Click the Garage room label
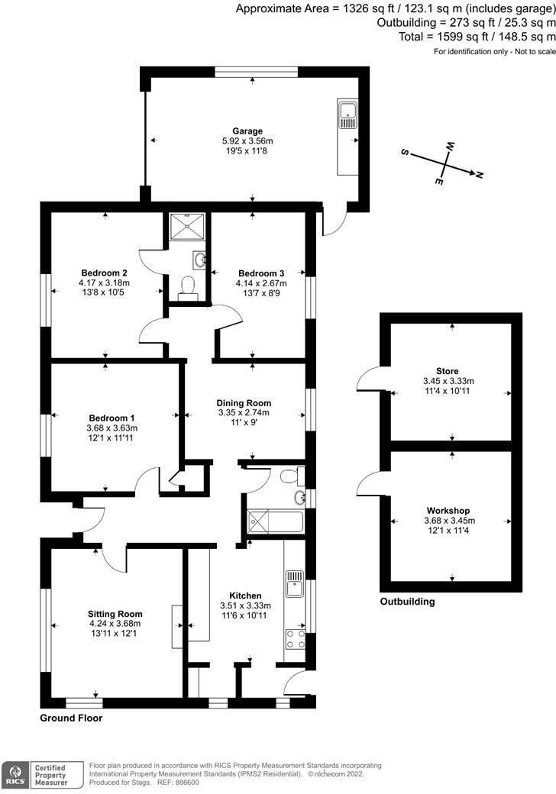coord(247,131)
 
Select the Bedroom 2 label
coord(104,273)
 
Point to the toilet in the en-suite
coord(186,286)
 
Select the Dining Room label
coord(244,403)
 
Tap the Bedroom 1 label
coord(112,418)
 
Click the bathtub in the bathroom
coord(274,523)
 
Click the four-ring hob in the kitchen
coord(294,638)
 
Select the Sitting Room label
coord(115,614)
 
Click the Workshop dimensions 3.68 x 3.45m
coord(448,521)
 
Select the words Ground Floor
coord(71,718)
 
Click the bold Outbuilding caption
coord(407,602)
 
